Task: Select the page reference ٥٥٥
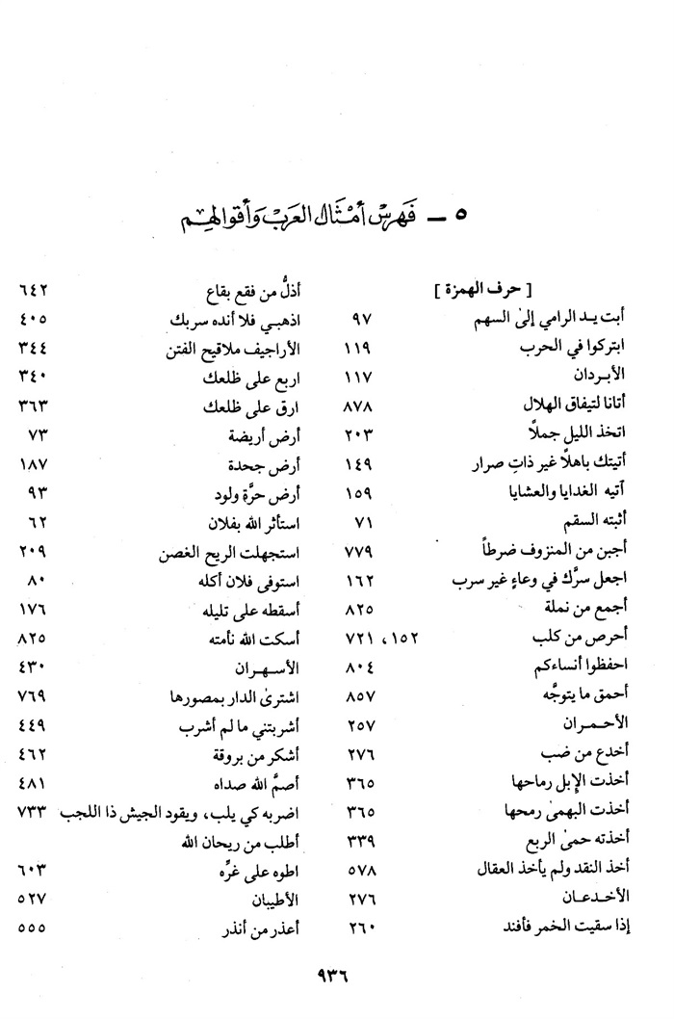click(35, 929)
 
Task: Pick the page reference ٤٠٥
click(35, 319)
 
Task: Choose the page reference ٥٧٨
click(362, 870)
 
